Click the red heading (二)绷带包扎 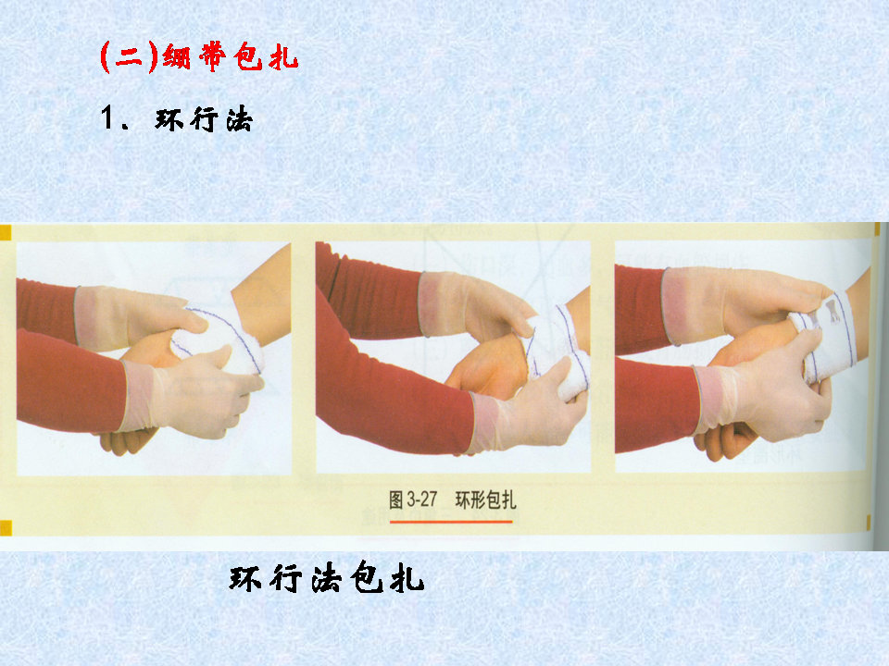click(199, 57)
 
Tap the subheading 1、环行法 click(176, 120)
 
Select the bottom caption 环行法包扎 click(326, 579)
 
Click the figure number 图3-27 click(412, 500)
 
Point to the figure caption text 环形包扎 click(486, 500)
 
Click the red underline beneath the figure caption click(451, 522)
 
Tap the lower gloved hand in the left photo click(199, 398)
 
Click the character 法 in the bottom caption click(326, 579)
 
